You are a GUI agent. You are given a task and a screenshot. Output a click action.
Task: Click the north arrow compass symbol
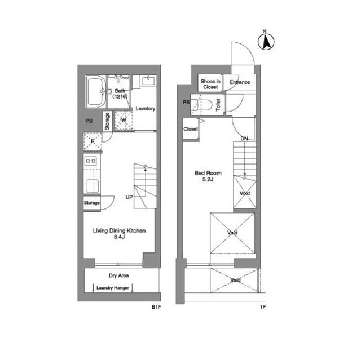(266, 41)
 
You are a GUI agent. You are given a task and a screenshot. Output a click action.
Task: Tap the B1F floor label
(156, 308)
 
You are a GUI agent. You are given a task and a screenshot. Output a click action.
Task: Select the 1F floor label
(262, 308)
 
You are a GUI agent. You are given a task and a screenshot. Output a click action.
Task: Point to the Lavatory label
(145, 109)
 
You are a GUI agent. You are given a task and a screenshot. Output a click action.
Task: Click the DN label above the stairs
(244, 138)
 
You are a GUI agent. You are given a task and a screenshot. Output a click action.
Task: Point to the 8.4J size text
(119, 238)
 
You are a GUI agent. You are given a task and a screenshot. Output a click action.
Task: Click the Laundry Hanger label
(113, 288)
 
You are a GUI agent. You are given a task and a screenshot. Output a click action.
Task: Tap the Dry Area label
(119, 276)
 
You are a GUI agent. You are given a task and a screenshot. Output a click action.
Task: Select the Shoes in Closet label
(210, 85)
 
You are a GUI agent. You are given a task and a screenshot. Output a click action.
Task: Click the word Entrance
(240, 82)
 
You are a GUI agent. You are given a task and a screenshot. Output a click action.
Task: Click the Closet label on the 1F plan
(191, 129)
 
